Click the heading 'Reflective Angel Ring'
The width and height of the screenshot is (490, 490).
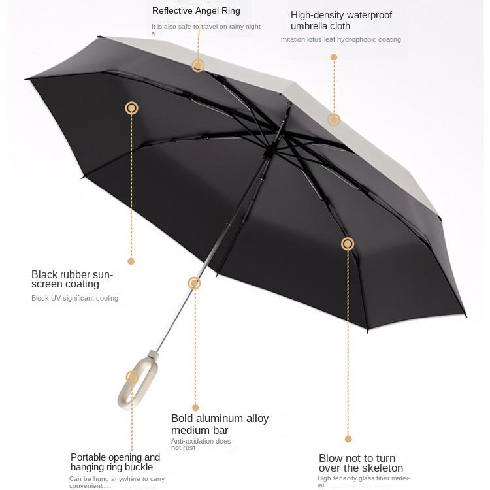click(x=196, y=10)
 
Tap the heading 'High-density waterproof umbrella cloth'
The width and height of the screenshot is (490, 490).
click(x=341, y=20)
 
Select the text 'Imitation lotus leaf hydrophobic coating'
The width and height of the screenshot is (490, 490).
click(x=340, y=40)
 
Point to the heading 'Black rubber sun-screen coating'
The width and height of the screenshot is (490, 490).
click(x=72, y=279)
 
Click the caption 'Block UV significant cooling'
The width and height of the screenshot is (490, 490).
click(x=74, y=298)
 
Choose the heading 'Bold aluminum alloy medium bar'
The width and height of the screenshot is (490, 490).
click(x=220, y=424)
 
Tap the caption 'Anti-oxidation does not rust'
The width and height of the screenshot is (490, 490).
click(x=201, y=444)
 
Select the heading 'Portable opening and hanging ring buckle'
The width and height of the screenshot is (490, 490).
click(x=115, y=462)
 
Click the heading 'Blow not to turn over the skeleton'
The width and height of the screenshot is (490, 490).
click(x=361, y=463)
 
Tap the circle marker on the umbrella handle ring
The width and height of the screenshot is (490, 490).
click(x=133, y=377)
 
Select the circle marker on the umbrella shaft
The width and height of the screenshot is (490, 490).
click(x=194, y=283)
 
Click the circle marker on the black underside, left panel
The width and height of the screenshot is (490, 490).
click(x=132, y=108)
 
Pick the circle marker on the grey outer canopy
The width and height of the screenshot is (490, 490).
click(x=334, y=120)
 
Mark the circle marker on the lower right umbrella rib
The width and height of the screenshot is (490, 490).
click(x=348, y=244)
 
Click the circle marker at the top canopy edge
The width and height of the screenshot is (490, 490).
click(x=198, y=65)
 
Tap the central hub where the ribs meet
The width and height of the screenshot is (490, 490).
click(x=268, y=153)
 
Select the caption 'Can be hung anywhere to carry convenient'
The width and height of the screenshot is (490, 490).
click(x=116, y=482)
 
